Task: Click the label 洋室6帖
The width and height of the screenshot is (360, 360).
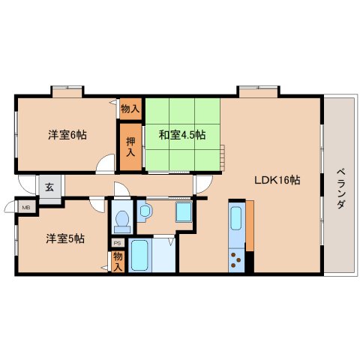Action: click(67, 135)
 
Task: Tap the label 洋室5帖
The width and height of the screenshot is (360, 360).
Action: click(65, 238)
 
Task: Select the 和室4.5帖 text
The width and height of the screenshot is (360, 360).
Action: click(181, 136)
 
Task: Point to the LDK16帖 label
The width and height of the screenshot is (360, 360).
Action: click(277, 180)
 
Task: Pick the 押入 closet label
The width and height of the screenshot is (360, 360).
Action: click(130, 146)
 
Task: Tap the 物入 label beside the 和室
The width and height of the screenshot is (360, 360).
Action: click(130, 109)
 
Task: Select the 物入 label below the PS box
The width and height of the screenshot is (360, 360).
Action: click(118, 259)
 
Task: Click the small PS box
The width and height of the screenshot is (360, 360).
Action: click(117, 243)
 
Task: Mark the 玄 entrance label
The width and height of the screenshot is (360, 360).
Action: click(49, 186)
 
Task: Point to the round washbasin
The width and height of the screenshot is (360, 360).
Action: click(145, 212)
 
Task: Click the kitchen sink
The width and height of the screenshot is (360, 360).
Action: click(235, 219)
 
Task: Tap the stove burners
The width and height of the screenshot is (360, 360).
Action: click(236, 262)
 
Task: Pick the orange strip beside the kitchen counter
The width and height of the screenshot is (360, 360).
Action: click(250, 225)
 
